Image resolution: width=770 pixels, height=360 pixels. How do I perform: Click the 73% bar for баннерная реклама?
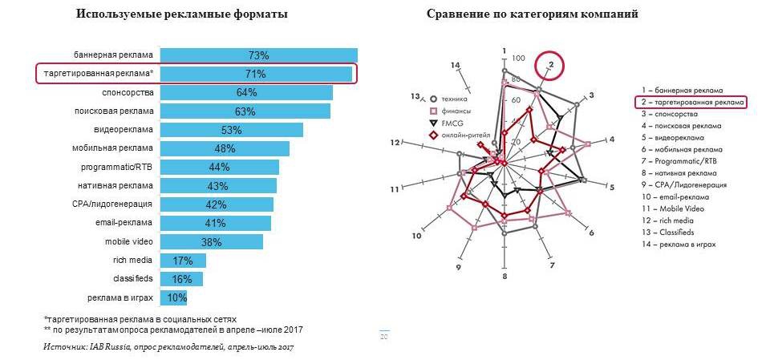point(258,55)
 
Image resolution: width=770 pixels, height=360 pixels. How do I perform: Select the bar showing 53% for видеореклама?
point(232,130)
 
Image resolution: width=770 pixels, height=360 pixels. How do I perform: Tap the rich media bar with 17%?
point(183,261)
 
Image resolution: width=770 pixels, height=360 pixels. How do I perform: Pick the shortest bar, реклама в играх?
point(174,298)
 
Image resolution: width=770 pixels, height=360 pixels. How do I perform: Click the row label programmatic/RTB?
point(119,167)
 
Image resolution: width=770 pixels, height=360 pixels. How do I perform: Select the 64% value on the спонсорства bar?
point(246,93)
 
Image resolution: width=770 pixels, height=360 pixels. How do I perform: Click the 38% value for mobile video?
point(212,242)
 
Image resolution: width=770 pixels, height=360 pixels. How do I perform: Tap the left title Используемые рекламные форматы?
point(182,15)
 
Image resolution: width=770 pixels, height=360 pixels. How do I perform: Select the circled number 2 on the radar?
point(550,64)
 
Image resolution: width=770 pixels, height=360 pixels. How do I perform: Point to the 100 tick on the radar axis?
point(518,59)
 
